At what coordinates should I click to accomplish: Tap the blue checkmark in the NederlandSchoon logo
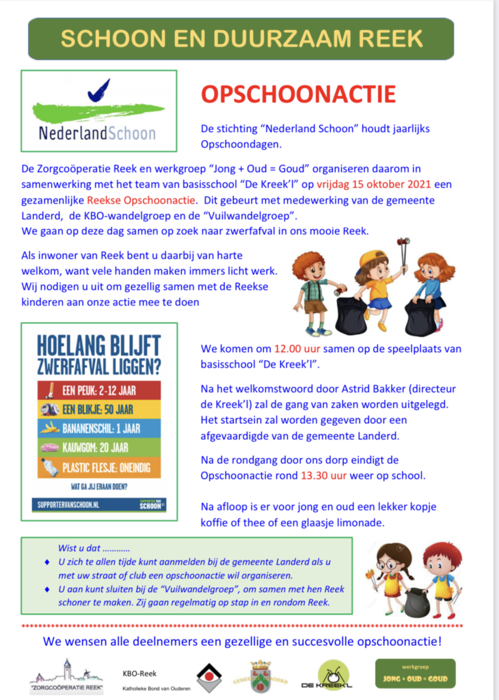click(x=99, y=91)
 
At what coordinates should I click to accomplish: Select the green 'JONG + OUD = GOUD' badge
click(x=415, y=674)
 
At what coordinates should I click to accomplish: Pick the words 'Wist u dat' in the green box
click(x=79, y=548)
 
